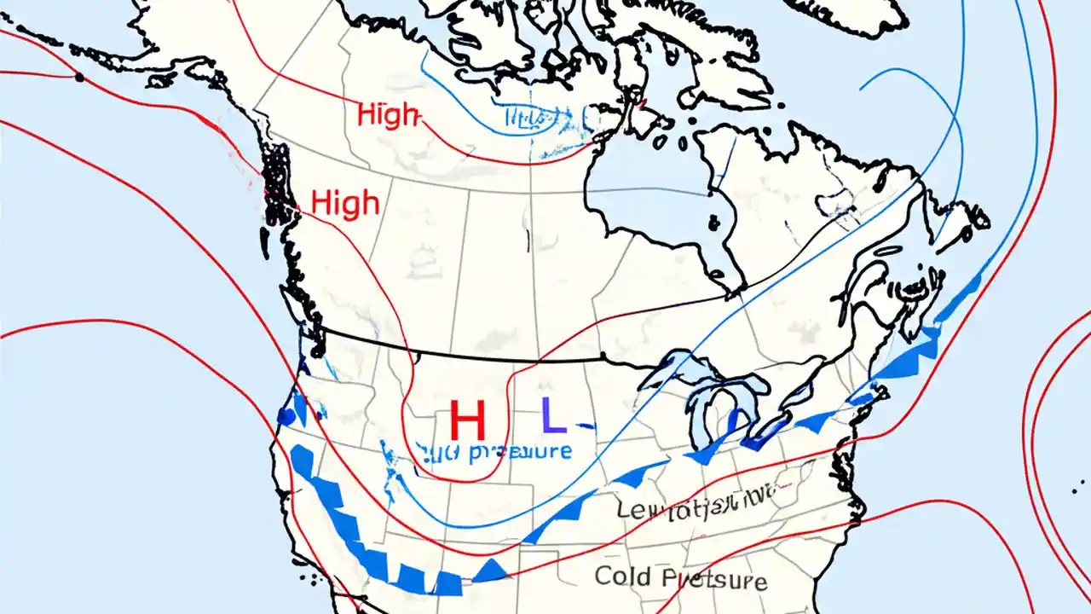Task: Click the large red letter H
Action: pyautogui.click(x=466, y=421)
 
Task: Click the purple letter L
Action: pyautogui.click(x=552, y=416)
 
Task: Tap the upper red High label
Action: pyautogui.click(x=388, y=114)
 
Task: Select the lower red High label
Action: pyautogui.click(x=345, y=203)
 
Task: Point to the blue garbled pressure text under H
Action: pyautogui.click(x=503, y=451)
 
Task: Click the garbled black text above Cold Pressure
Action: pyautogui.click(x=695, y=509)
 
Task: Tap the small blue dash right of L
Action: pyautogui.click(x=583, y=424)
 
